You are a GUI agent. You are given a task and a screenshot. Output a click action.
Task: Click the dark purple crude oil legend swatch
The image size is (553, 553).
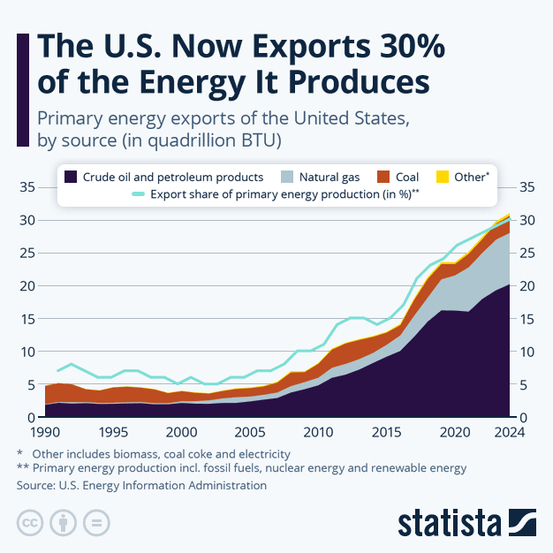coord(71,177)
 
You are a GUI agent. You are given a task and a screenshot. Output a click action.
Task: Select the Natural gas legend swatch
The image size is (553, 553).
coord(285,177)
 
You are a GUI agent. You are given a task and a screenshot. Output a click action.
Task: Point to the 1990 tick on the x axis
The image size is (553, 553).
coord(44,433)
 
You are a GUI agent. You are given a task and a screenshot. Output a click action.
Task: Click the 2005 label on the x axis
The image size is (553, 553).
coord(249,433)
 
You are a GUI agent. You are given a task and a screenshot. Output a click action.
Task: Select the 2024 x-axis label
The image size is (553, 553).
coord(508,433)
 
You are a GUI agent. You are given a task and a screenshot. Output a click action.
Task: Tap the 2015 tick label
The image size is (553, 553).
coord(386,433)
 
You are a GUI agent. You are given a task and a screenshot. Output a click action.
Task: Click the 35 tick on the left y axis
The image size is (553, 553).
coord(27,187)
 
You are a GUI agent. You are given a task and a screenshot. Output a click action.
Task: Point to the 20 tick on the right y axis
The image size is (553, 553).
coord(526,286)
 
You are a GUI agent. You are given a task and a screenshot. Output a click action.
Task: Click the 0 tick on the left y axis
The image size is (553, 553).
coord(30,418)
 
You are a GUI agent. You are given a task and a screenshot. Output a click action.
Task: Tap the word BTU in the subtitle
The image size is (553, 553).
coord(261,140)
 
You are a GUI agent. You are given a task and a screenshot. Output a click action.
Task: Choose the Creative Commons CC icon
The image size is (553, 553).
coord(29,521)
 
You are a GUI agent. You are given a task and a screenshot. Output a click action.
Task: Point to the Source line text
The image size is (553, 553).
coord(141,485)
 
